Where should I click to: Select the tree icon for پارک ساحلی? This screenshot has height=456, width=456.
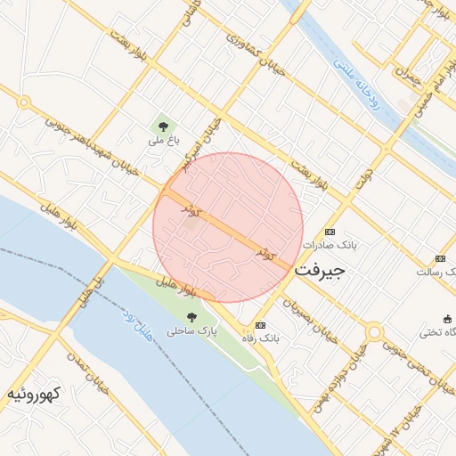tap(191, 316)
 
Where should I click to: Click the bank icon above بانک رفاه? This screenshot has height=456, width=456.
tap(260, 326)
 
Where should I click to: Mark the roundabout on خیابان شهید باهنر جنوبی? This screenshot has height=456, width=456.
tap(23, 103)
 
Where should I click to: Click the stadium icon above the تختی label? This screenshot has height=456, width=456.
tap(447, 319)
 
